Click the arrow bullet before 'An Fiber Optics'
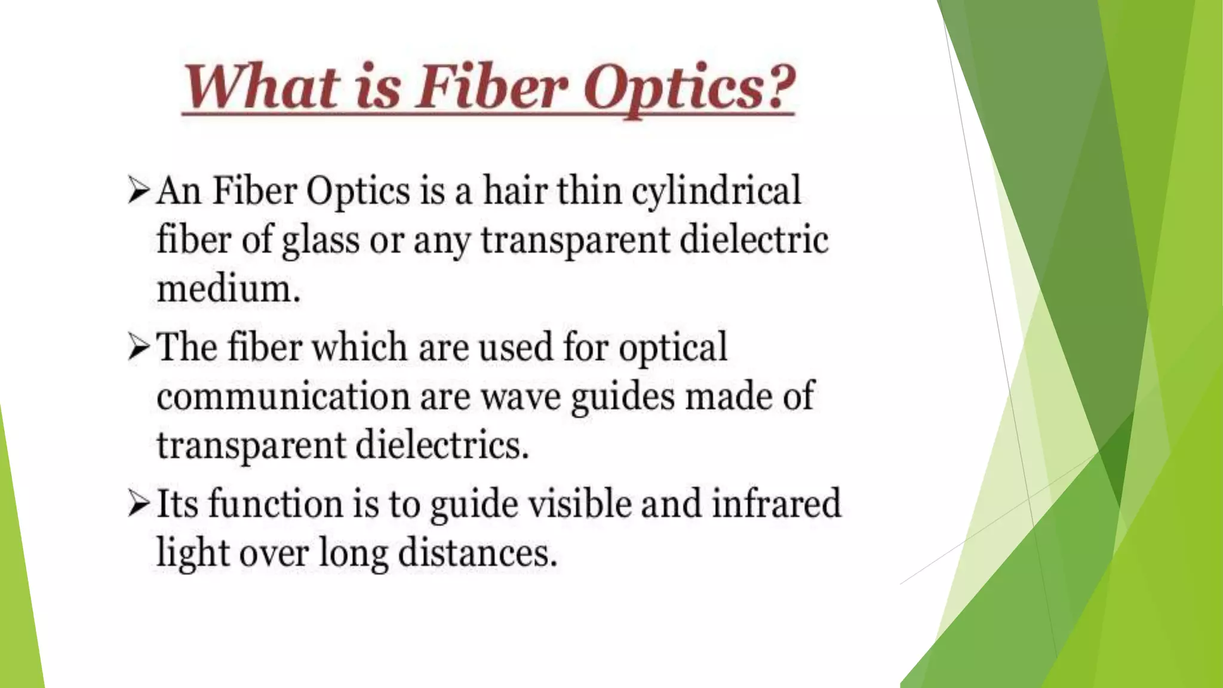(x=138, y=191)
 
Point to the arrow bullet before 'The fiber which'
(x=138, y=347)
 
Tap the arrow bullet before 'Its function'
(x=138, y=504)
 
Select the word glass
(x=320, y=241)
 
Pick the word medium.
(x=228, y=290)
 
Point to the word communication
(x=283, y=397)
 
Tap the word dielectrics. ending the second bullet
(x=442, y=446)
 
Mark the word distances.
(x=477, y=552)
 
